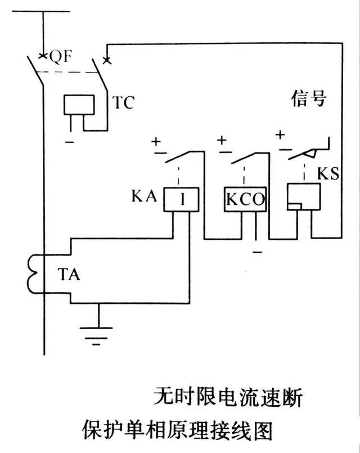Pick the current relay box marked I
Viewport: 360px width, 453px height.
click(181, 200)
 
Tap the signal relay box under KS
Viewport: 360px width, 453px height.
click(303, 198)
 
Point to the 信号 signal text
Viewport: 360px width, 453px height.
click(309, 99)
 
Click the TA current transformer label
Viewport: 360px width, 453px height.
click(69, 275)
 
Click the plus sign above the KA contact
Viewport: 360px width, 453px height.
click(156, 141)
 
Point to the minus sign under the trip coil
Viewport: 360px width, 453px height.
click(69, 142)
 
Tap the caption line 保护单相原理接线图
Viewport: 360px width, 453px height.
click(178, 430)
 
